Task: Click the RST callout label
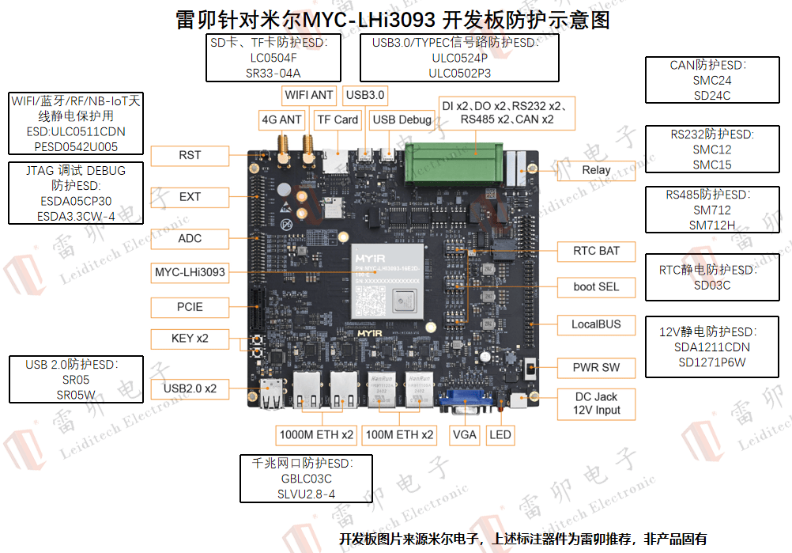coord(190,156)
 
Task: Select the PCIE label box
coord(190,307)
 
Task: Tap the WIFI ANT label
coord(309,95)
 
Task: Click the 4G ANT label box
coord(282,120)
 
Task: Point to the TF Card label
coord(338,120)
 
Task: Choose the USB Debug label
coord(402,120)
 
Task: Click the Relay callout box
coord(596,170)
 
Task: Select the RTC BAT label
coord(597,251)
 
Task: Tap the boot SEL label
coord(597,286)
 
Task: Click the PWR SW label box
coord(597,367)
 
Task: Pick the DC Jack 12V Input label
coord(597,403)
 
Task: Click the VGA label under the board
coord(465,434)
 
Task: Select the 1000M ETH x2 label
coord(316,435)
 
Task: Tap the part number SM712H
coord(712,225)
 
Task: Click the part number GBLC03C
coord(306,479)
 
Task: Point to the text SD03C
coord(712,286)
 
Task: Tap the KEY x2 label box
coord(190,339)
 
